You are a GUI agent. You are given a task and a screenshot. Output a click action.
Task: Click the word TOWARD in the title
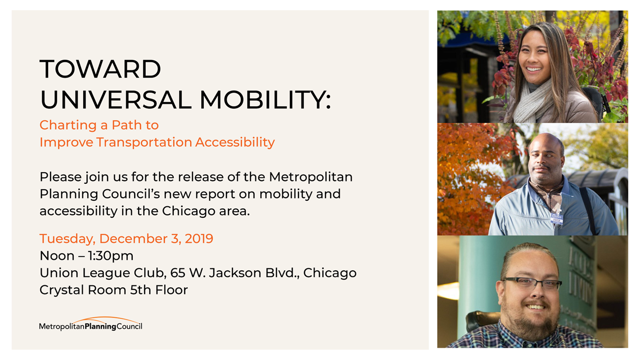tap(100, 69)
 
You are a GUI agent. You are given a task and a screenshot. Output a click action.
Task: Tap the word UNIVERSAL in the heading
tap(116, 100)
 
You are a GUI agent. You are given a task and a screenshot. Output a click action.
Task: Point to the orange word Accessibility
tap(235, 142)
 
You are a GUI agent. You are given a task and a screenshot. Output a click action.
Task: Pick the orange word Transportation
tap(144, 142)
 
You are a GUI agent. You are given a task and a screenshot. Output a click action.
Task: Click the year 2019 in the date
tap(199, 238)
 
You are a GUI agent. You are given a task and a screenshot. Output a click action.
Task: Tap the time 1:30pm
tap(111, 256)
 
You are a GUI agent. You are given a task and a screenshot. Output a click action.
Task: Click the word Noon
tap(57, 256)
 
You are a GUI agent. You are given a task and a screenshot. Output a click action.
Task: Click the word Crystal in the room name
tap(62, 290)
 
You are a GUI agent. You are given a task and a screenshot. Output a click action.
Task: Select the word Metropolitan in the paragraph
tap(310, 177)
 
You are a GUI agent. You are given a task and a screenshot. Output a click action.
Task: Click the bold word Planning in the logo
tap(101, 326)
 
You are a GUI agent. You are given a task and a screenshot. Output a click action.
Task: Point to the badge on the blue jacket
tap(556, 219)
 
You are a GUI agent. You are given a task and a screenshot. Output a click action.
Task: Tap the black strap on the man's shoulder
tap(588, 210)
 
